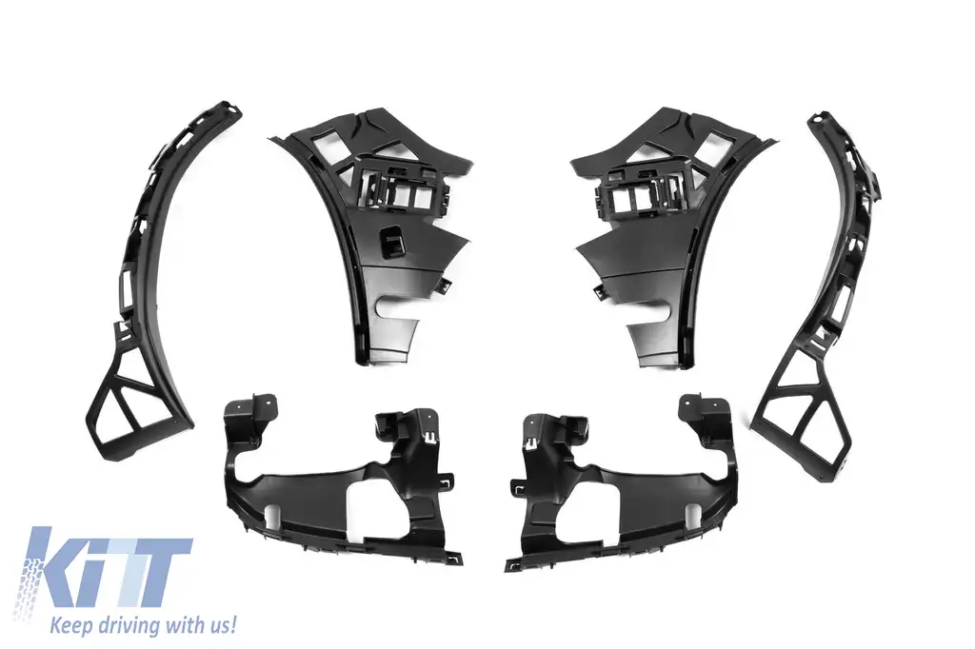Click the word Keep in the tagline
click(70, 623)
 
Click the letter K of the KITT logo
click(59, 565)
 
